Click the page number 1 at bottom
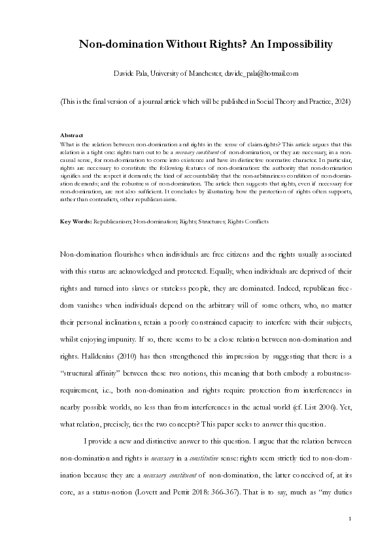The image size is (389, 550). tap(350, 519)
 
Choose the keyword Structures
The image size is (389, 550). tap(211, 221)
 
